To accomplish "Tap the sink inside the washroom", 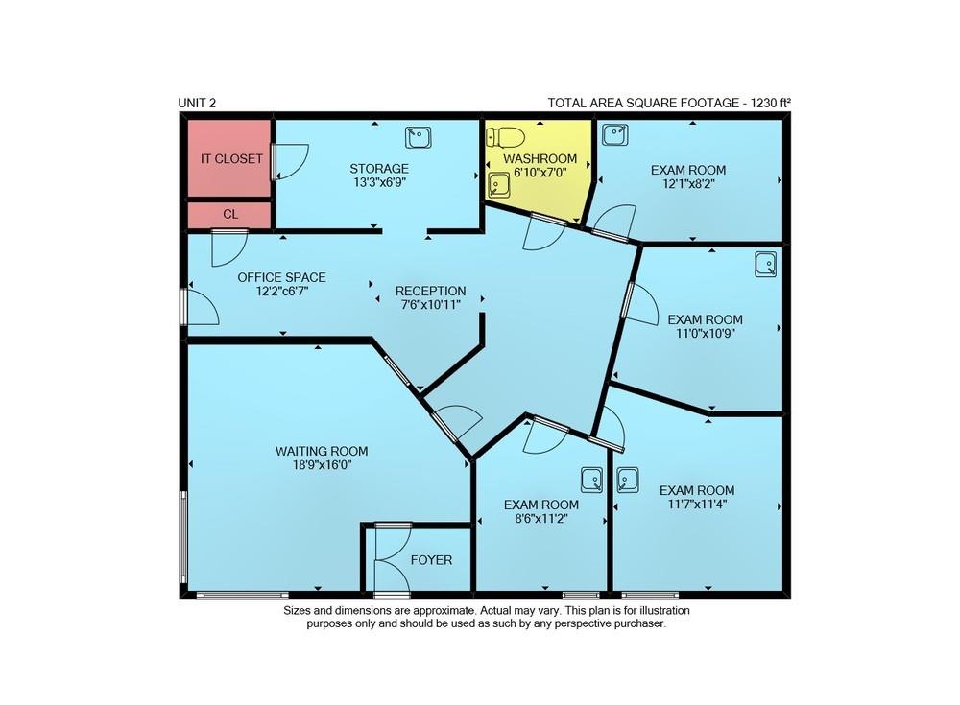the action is pyautogui.click(x=499, y=185).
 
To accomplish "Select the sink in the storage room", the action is pyautogui.click(x=419, y=137).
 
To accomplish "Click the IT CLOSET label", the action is pyautogui.click(x=232, y=158).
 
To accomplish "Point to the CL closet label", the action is pyautogui.click(x=230, y=214).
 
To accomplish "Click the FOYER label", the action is pyautogui.click(x=432, y=560).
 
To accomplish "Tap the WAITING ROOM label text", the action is pyautogui.click(x=322, y=451).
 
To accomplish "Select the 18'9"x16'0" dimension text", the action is pyautogui.click(x=322, y=465).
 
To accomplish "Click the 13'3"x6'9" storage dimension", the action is pyautogui.click(x=379, y=182).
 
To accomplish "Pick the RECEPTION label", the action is pyautogui.click(x=430, y=291).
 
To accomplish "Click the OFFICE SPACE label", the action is pyautogui.click(x=281, y=277).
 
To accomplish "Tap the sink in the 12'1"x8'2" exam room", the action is pyautogui.click(x=614, y=134).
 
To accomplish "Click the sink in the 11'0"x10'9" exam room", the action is pyautogui.click(x=766, y=264).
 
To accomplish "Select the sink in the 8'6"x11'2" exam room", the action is pyautogui.click(x=592, y=480).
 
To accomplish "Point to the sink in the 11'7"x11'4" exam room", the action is pyautogui.click(x=628, y=480).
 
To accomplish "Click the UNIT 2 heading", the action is pyautogui.click(x=197, y=103).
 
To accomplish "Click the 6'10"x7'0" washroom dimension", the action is pyautogui.click(x=540, y=173).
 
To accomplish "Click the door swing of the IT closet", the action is pyautogui.click(x=292, y=161).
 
